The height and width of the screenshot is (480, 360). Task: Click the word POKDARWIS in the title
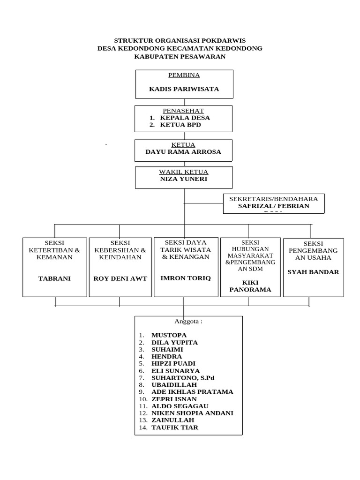coord(223,41)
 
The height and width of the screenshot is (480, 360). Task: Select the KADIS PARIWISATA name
coord(184,89)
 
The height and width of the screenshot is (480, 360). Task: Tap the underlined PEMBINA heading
coord(184,75)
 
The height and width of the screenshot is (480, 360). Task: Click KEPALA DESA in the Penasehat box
coord(185,118)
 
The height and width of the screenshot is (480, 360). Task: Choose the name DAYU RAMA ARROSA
coord(183,152)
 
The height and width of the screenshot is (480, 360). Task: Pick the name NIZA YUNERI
coord(183,179)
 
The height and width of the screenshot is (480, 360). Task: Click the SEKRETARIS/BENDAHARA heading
coord(273,199)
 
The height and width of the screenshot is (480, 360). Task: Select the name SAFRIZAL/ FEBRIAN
coord(273,206)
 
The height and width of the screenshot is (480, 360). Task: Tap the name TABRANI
coord(54,278)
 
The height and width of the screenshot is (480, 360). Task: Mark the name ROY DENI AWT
coord(120,278)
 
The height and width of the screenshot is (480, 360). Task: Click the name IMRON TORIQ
coord(186,278)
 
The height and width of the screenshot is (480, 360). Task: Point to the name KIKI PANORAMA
coord(250,286)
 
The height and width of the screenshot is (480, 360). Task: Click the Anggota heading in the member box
coord(188,322)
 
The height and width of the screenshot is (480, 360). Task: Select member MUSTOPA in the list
coord(169,335)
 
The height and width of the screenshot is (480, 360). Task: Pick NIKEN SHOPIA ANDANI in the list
coord(192,413)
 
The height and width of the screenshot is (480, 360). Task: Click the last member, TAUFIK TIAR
coord(174,427)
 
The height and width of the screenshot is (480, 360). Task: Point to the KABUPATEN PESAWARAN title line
coord(180,57)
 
